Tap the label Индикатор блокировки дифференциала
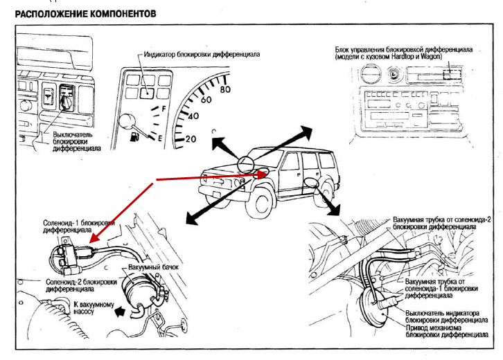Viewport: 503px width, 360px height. point(203,54)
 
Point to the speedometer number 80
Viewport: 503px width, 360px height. point(224,89)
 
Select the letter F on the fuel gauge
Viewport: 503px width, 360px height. point(164,109)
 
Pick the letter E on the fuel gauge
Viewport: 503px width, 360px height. point(160,138)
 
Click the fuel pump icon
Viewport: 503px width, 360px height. point(133,137)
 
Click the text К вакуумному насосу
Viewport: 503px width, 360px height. point(87,307)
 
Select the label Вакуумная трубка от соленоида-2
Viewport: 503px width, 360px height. point(442,222)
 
